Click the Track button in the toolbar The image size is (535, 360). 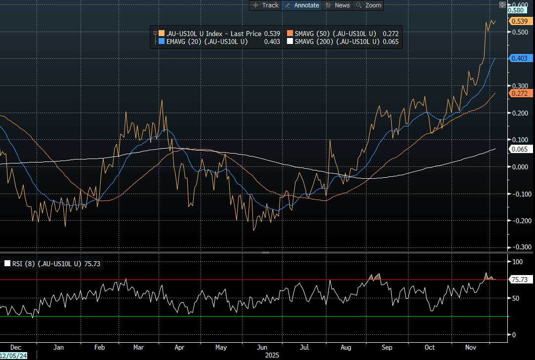(x=266, y=5)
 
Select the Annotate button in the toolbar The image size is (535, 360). (x=302, y=5)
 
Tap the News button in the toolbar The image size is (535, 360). (x=338, y=5)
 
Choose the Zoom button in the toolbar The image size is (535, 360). (x=369, y=5)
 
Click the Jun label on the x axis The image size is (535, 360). (x=262, y=347)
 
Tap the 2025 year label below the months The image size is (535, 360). (x=272, y=355)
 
